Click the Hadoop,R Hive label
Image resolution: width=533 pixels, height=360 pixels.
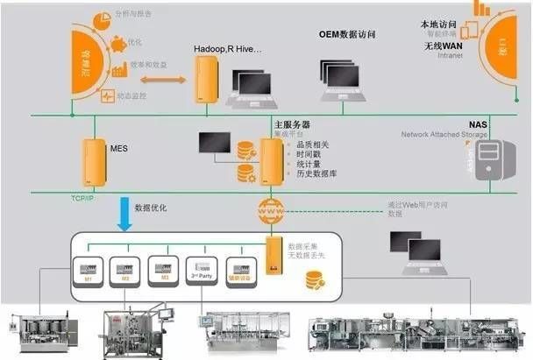tap(227, 52)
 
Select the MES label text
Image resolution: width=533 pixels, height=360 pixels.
tap(118, 150)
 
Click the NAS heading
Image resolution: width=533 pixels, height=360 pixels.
tap(476, 125)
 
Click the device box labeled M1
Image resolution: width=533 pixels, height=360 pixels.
tap(89, 270)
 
